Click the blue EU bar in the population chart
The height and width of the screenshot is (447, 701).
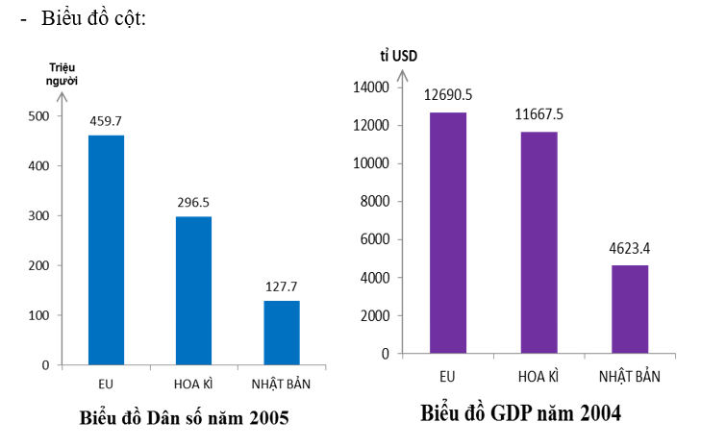[x=106, y=250]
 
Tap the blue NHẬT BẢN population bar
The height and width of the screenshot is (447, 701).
[x=282, y=333]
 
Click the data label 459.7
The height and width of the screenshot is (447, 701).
[x=106, y=122]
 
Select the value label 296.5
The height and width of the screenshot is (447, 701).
[x=193, y=203]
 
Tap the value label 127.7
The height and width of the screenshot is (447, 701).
[x=282, y=286]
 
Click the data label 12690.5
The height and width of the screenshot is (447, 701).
[x=448, y=94]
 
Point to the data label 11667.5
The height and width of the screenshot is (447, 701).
[x=538, y=114]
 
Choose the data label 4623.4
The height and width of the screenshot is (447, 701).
[x=629, y=247]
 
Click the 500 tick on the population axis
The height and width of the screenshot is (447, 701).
[x=38, y=116]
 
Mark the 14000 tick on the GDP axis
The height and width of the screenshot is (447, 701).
[x=370, y=87]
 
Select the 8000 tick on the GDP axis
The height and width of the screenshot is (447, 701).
[x=373, y=202]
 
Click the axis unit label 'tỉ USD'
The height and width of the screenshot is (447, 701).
[x=398, y=55]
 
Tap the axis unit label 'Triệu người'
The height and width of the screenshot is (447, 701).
[x=63, y=74]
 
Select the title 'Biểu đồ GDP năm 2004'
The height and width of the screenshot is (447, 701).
[x=520, y=414]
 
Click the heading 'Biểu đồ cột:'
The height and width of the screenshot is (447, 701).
[x=93, y=20]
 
